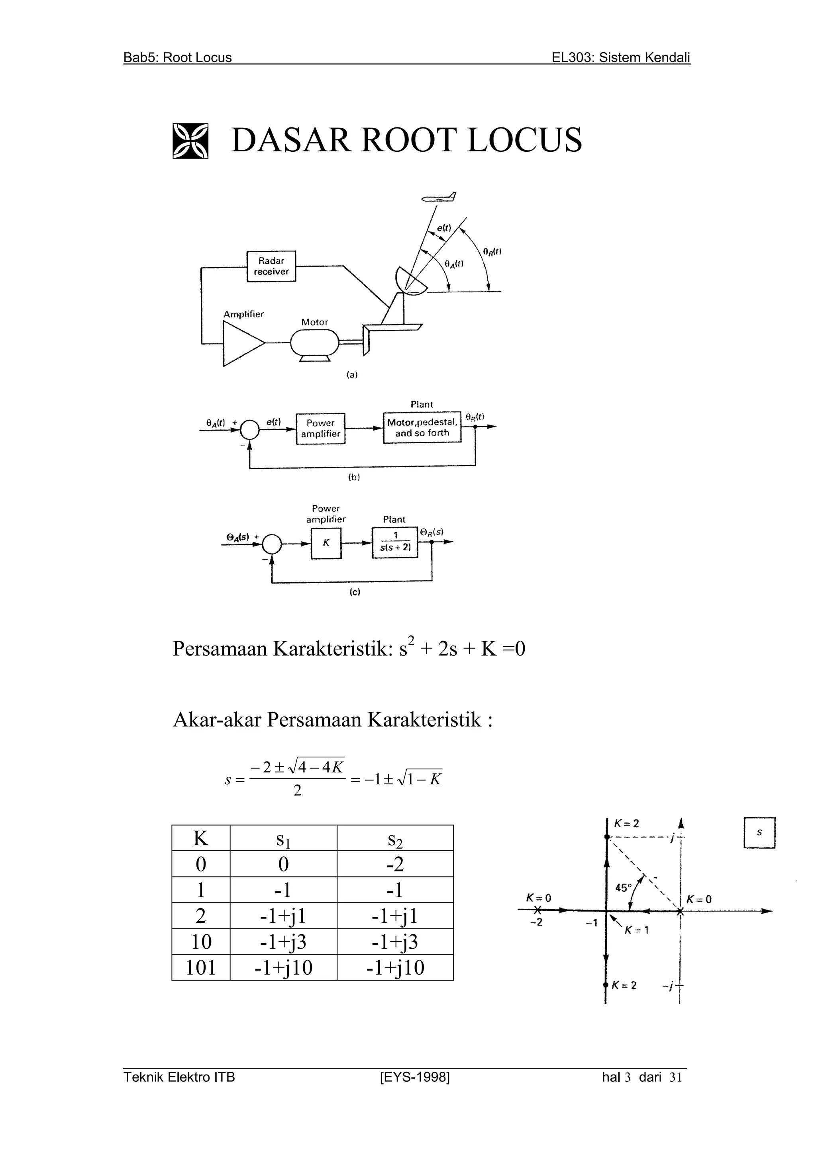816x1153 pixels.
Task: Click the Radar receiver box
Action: click(271, 266)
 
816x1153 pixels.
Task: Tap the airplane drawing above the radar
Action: click(439, 198)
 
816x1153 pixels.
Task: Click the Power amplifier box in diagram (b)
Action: click(321, 429)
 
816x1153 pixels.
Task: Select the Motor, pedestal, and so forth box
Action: click(422, 427)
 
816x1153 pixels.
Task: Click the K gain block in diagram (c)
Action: click(326, 543)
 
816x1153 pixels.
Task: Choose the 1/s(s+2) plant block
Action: click(395, 542)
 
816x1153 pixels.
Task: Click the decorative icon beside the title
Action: click(190, 141)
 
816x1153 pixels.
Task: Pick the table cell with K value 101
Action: click(201, 967)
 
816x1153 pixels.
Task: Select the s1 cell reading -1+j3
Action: click(283, 942)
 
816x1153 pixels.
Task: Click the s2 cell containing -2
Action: click(395, 864)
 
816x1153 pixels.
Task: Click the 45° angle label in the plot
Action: click(624, 888)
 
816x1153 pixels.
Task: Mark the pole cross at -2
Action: click(537, 910)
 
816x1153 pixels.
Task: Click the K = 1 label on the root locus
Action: click(637, 930)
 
